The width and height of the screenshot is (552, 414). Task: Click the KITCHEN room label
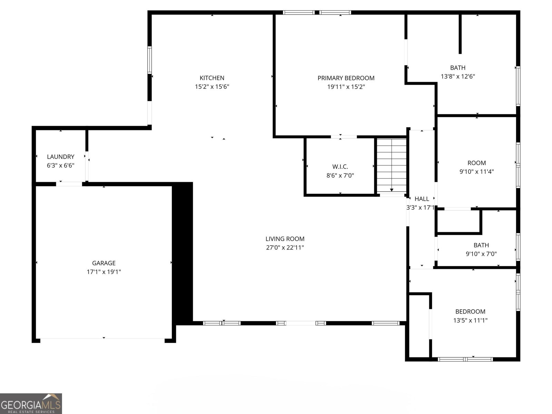coord(212,78)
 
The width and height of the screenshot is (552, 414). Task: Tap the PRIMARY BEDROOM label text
coord(346,78)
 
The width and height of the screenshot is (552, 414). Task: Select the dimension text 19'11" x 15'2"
coord(346,87)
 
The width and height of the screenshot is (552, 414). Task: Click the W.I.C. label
coord(340,167)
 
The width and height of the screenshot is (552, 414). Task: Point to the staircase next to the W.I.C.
coord(392,166)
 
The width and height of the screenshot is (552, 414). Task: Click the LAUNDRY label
coord(60,157)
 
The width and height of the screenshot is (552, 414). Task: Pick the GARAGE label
coord(103,263)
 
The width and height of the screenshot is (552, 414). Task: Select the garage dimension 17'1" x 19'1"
coord(103,272)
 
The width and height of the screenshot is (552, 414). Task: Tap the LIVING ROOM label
coord(285,239)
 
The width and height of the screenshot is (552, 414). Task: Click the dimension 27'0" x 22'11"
coord(285,247)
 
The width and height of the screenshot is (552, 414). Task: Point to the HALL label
coord(422,199)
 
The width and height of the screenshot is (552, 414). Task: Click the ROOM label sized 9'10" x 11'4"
coord(476,163)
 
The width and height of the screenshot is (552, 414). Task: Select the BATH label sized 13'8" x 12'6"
coord(457,68)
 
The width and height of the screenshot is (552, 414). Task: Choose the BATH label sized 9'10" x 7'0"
coord(481,245)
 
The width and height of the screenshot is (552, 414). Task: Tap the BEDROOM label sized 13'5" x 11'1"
coord(470,312)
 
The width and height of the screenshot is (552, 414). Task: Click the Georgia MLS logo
coord(31,403)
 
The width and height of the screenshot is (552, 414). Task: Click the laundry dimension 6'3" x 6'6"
coord(60,166)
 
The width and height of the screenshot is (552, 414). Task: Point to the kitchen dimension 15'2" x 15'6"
coord(212,87)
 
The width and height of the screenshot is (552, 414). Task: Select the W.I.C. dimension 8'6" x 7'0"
coord(340,176)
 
